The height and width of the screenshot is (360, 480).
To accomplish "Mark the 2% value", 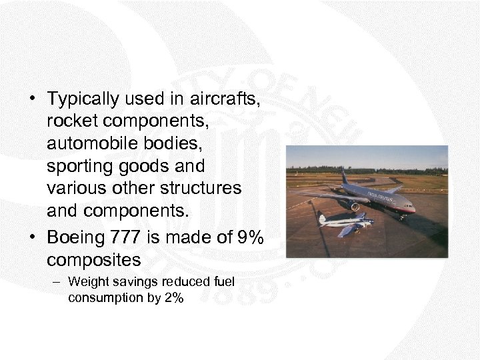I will (173, 297).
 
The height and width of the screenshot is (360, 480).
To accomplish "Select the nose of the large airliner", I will (412, 209).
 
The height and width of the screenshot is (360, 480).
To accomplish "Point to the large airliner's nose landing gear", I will (402, 216).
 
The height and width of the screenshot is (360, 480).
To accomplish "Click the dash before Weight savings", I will (58, 282).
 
